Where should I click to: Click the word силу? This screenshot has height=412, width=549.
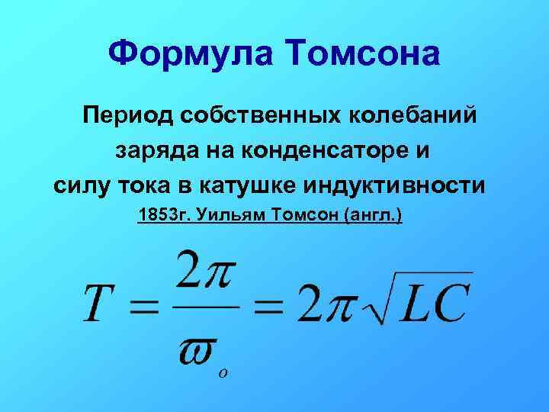point(82,185)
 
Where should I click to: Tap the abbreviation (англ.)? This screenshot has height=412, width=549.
point(374,217)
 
